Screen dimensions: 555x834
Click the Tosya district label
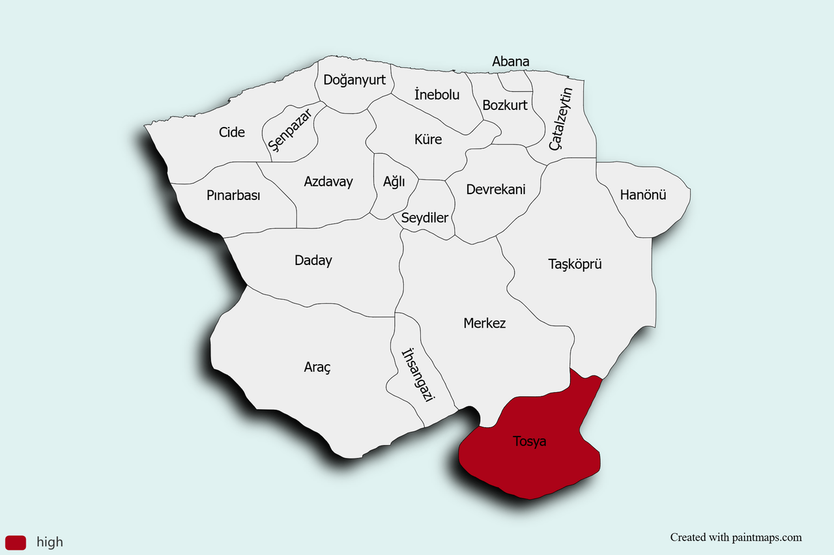[530, 442]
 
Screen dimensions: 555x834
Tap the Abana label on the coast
[510, 62]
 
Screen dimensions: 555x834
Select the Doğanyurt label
[354, 80]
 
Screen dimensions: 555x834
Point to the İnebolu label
[437, 94]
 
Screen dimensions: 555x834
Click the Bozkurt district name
[505, 105]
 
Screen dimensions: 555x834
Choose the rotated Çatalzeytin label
[560, 119]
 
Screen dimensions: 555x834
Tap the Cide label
[232, 132]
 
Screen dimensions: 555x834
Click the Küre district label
[428, 139]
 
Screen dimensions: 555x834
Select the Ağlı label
[394, 182]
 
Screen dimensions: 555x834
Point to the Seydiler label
[425, 218]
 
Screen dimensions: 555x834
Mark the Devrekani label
[496, 190]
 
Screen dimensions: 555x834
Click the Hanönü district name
[643, 194]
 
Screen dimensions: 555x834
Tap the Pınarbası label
[233, 195]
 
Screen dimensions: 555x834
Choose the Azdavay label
[328, 182]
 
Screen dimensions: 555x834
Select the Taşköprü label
[575, 264]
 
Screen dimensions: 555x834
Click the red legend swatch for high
[16, 542]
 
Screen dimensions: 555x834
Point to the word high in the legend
[50, 542]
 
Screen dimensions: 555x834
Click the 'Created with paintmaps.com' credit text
[736, 537]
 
